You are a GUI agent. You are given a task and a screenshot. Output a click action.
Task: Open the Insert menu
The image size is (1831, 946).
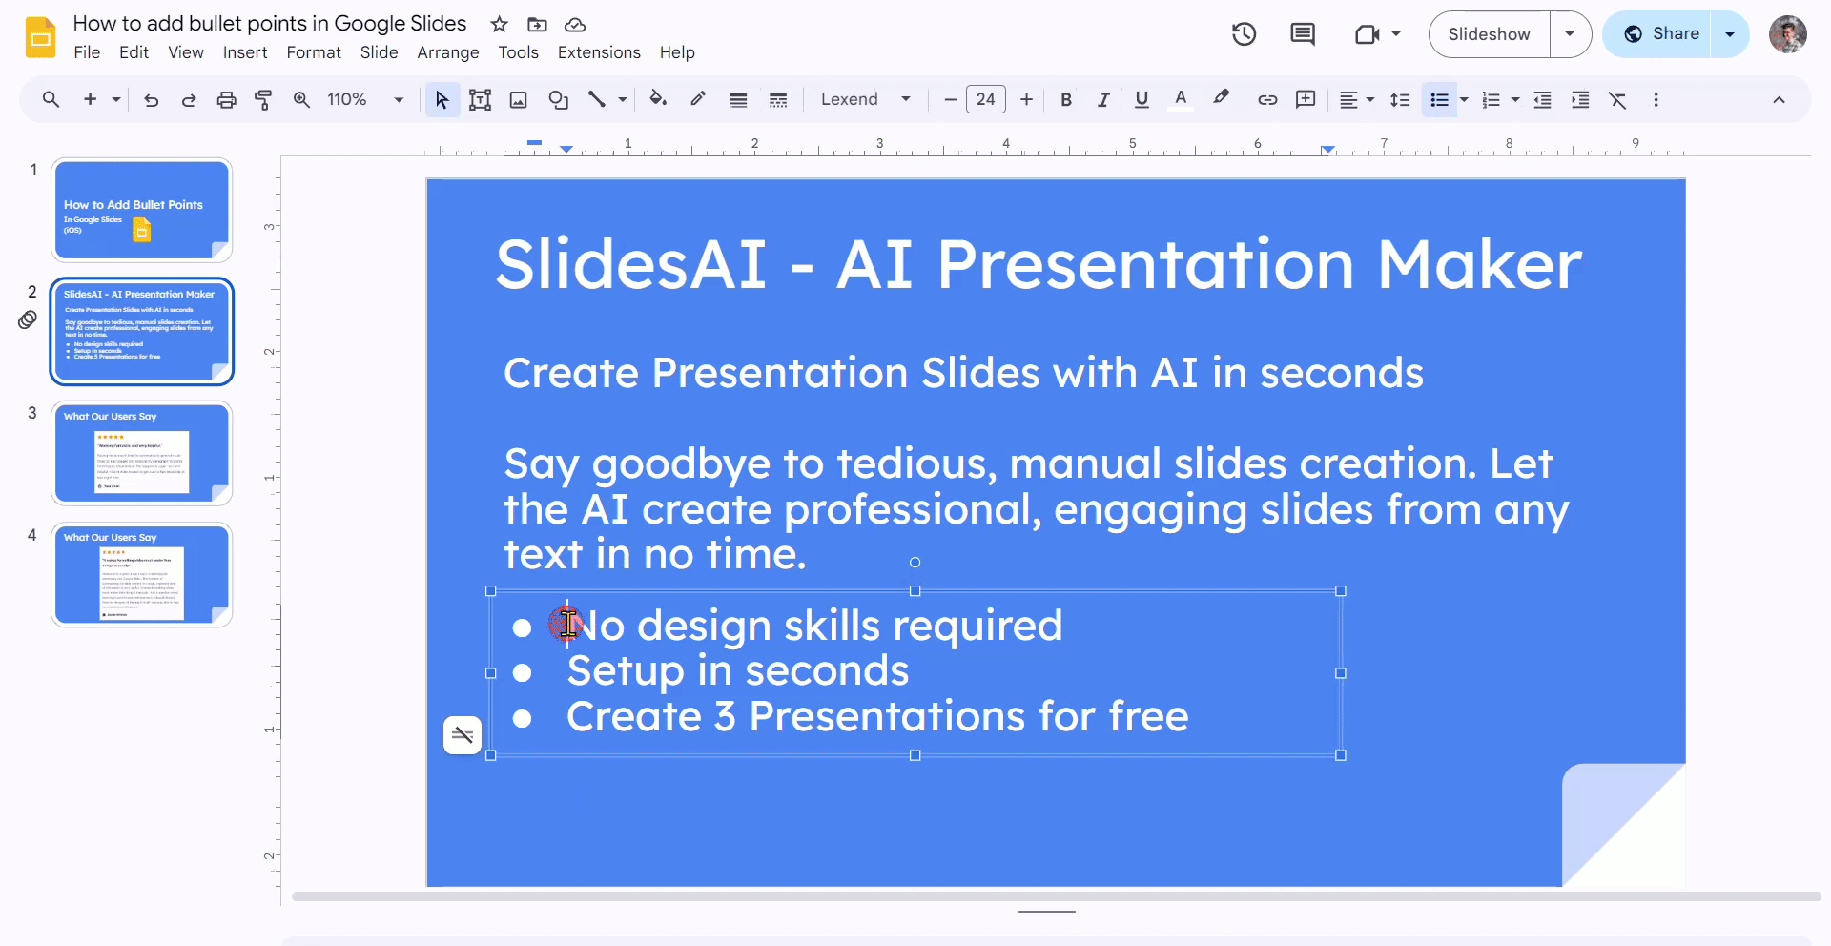tap(245, 52)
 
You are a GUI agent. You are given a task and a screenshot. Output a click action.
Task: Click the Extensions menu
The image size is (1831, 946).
tap(599, 52)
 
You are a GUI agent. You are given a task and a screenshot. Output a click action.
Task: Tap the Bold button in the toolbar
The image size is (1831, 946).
tap(1066, 100)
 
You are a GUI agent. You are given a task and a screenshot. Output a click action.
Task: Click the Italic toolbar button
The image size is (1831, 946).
tap(1103, 100)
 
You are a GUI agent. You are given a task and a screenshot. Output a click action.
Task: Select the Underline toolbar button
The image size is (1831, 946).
tap(1142, 100)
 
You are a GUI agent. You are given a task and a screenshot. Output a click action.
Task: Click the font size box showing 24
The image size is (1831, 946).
tap(985, 99)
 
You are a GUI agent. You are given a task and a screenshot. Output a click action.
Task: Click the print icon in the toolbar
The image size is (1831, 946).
tap(226, 100)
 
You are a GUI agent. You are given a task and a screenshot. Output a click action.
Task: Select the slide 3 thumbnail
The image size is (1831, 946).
tap(141, 453)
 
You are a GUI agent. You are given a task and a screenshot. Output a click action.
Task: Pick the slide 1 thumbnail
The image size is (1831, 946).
tap(141, 210)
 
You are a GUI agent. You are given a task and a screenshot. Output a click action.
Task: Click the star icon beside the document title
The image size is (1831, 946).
tap(499, 25)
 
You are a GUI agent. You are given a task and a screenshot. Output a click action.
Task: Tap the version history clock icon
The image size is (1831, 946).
tap(1244, 34)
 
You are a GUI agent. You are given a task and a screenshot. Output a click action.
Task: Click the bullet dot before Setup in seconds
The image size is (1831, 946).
tap(522, 673)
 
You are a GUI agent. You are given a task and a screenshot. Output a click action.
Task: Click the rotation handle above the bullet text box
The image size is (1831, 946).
tap(915, 563)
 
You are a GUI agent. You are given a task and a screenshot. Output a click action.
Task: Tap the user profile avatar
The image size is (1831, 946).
tap(1787, 34)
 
